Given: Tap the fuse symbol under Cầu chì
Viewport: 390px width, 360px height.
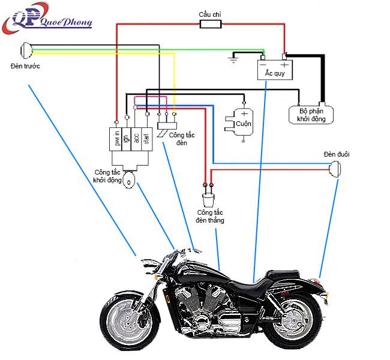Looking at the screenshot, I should point(209,25).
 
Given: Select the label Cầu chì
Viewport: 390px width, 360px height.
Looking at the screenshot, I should point(210,13).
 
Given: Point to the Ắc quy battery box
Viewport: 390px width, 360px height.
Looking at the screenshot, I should point(275,68).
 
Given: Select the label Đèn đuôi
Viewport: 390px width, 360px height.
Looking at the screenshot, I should point(336,155).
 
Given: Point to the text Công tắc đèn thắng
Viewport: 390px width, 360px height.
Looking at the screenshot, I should point(209,217).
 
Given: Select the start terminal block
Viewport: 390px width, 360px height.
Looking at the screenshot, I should point(146,139).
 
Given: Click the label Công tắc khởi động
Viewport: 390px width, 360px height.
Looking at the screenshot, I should point(107,176).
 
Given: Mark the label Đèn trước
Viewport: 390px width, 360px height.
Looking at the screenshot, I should point(25,65).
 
